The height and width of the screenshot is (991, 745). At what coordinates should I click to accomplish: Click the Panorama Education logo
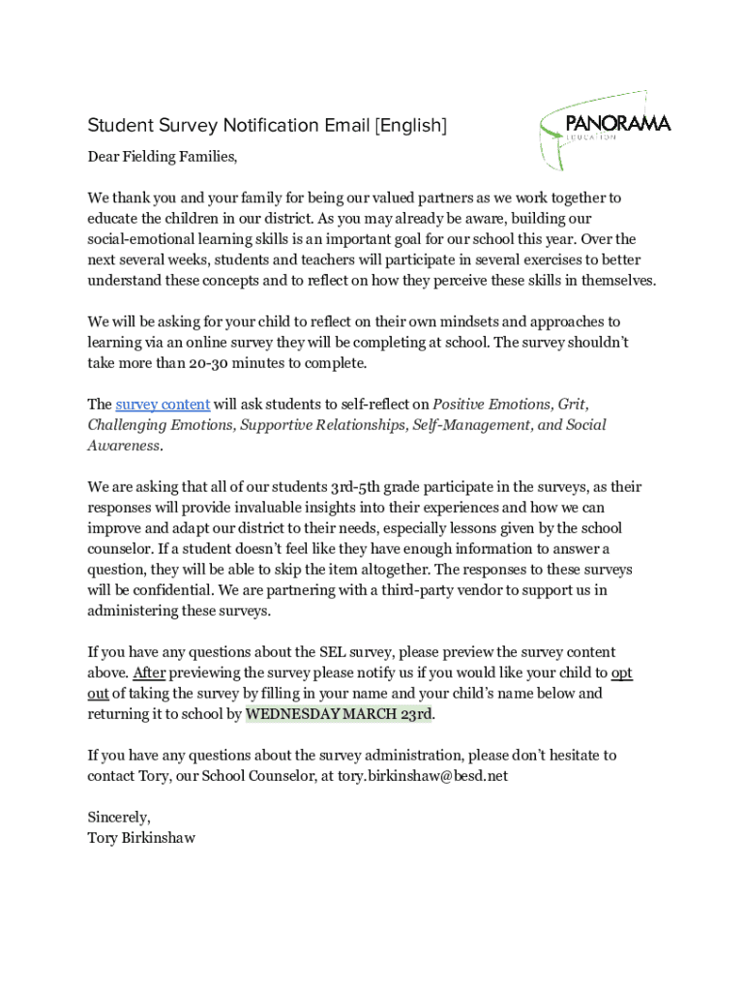(x=604, y=129)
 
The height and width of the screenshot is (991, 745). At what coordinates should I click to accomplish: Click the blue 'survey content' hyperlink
(x=163, y=405)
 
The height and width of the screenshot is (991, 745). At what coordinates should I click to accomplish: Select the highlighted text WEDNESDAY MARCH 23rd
(x=339, y=714)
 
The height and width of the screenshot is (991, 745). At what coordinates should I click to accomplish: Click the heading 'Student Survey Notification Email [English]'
(x=267, y=126)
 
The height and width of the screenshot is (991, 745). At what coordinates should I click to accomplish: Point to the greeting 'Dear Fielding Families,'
(x=162, y=157)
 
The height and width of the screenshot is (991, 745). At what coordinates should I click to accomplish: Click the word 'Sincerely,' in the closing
(x=119, y=818)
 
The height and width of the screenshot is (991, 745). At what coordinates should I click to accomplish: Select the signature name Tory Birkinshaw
(x=141, y=838)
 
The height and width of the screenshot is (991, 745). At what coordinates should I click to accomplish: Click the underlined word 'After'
(x=149, y=673)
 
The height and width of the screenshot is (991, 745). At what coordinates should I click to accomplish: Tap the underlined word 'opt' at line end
(x=621, y=673)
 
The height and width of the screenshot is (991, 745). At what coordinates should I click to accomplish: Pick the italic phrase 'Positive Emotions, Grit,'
(x=510, y=405)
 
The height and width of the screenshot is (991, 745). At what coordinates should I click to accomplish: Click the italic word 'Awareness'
(x=124, y=446)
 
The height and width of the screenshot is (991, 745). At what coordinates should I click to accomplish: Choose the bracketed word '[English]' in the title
(x=410, y=126)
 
